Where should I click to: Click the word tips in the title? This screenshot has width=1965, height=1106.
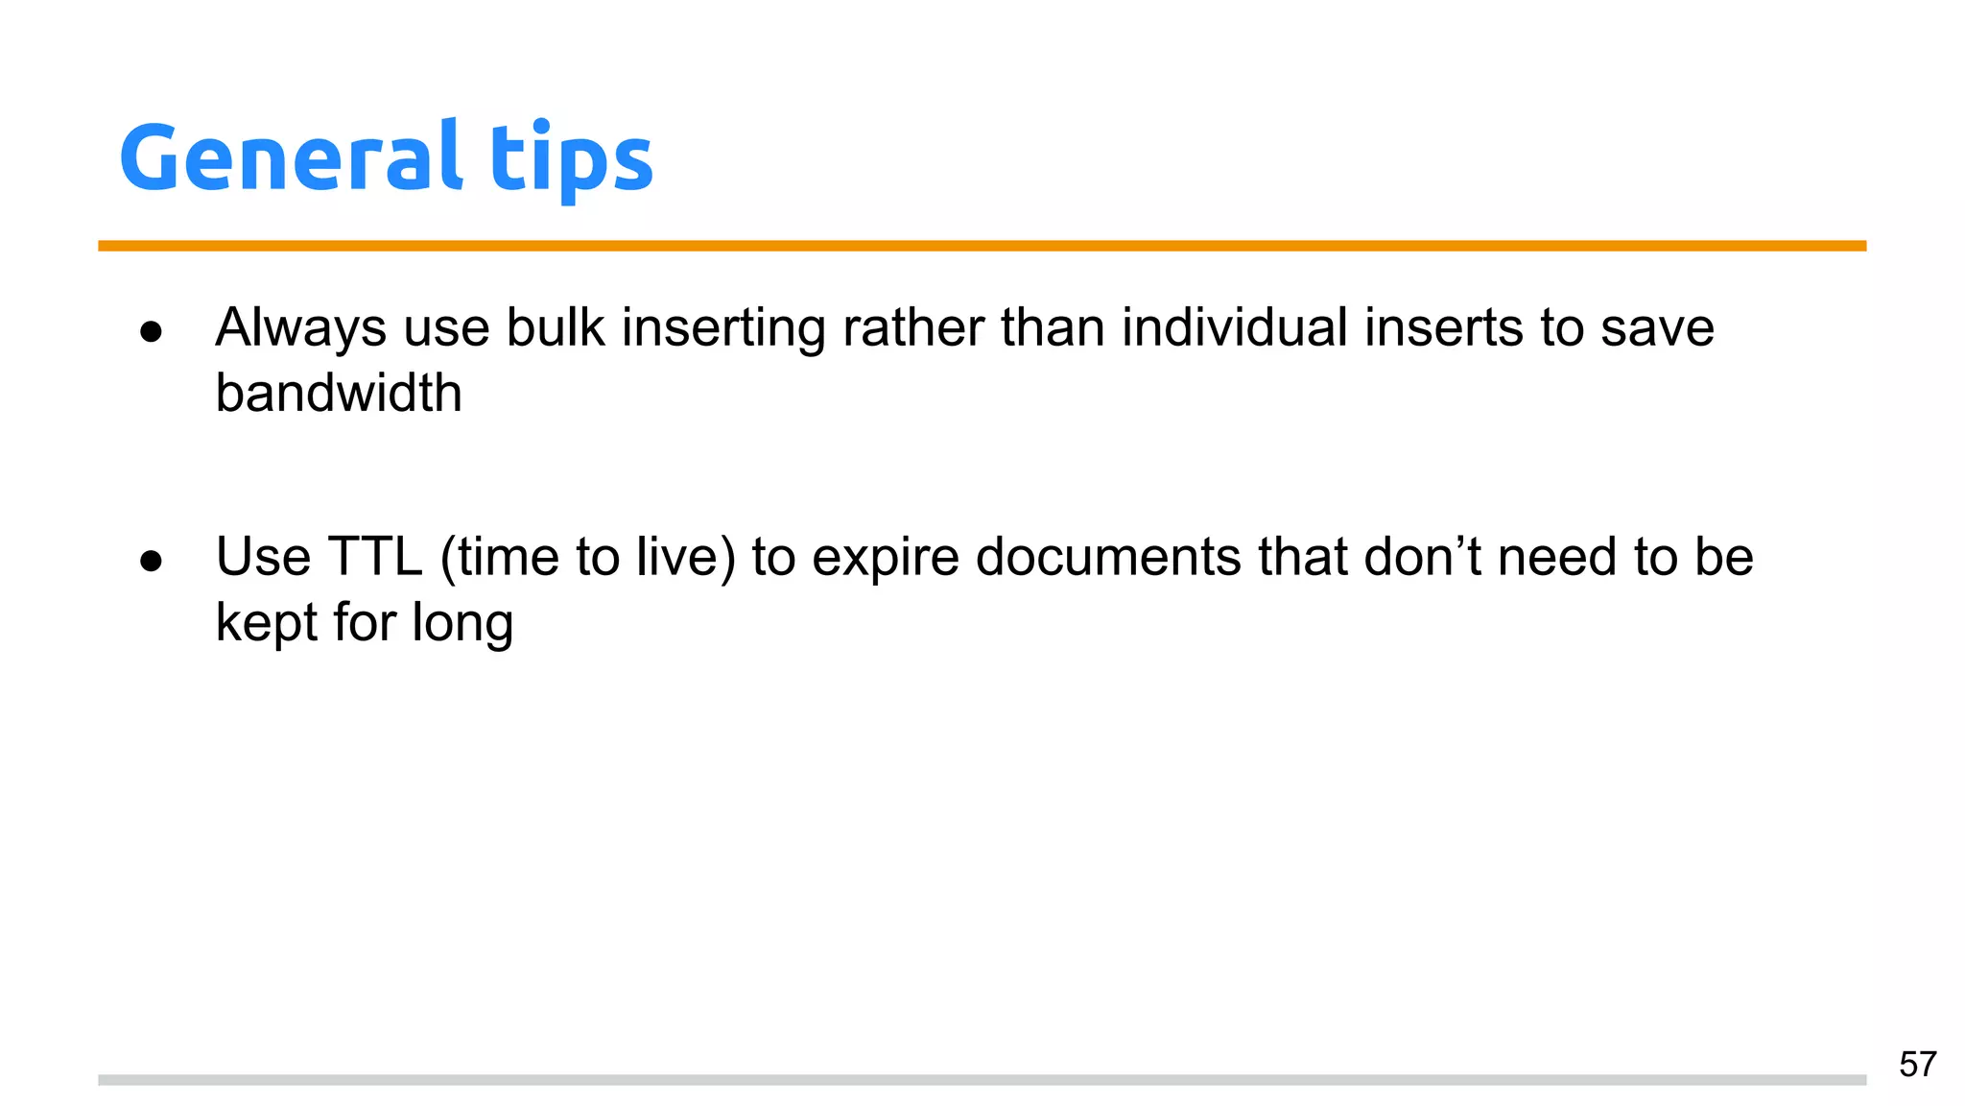pyautogui.click(x=572, y=158)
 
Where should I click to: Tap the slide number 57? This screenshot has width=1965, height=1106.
pyautogui.click(x=1917, y=1065)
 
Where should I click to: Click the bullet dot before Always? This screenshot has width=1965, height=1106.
pyautogui.click(x=151, y=332)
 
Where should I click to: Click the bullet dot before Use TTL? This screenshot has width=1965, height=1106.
pyautogui.click(x=151, y=561)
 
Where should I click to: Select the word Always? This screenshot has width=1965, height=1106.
pyautogui.click(x=300, y=328)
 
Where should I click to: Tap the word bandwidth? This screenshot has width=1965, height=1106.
pyautogui.click(x=338, y=394)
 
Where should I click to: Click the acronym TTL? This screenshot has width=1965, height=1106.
pyautogui.click(x=375, y=557)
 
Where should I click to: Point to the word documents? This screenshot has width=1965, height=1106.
pyautogui.click(x=1108, y=557)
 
